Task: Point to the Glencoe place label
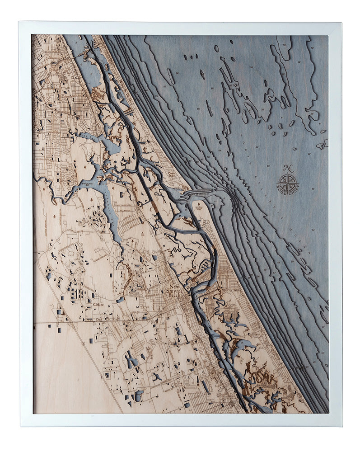click(98, 305)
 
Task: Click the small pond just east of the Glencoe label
click(120, 300)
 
